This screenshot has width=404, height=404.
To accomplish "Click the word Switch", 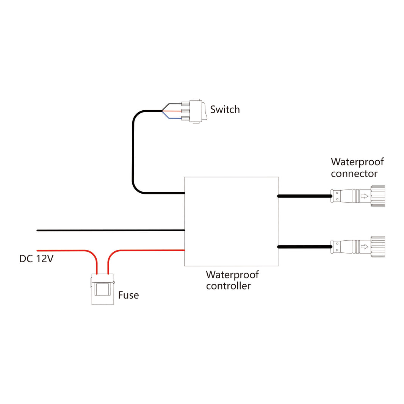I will pyautogui.click(x=225, y=110).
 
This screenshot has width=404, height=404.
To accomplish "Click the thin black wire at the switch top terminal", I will pyautogui.click(x=172, y=104).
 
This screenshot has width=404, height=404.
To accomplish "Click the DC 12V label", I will pyautogui.click(x=37, y=259).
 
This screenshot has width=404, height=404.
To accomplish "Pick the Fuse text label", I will pyautogui.click(x=128, y=295).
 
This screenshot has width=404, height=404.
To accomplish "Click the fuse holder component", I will pyautogui.click(x=102, y=290).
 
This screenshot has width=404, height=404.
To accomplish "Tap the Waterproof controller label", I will pyautogui.click(x=232, y=280).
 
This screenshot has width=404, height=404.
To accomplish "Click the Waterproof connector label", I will pyautogui.click(x=357, y=168).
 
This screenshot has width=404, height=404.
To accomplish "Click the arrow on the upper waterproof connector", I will pyautogui.click(x=364, y=196).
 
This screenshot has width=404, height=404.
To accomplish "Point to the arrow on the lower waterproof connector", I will pyautogui.click(x=364, y=247).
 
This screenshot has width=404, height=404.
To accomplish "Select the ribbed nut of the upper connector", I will pyautogui.click(x=377, y=196).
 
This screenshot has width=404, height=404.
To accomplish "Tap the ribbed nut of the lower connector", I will pyautogui.click(x=377, y=247).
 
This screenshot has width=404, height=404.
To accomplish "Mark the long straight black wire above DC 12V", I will pyautogui.click(x=110, y=230).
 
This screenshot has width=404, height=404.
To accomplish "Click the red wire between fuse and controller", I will pyautogui.click(x=152, y=250).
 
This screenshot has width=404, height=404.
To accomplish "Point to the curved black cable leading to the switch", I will pyautogui.click(x=133, y=152).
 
